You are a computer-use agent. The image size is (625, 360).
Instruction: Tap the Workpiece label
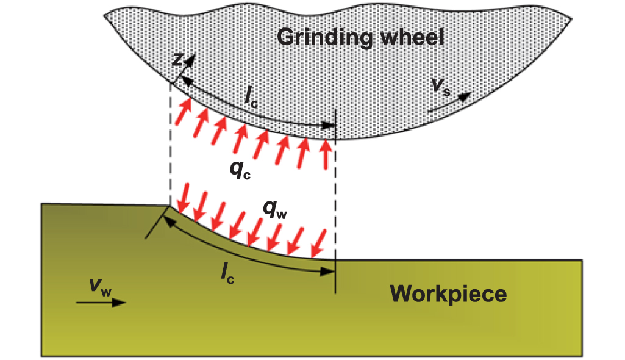pyautogui.click(x=449, y=294)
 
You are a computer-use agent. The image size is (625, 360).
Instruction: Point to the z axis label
pyautogui.click(x=177, y=59)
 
